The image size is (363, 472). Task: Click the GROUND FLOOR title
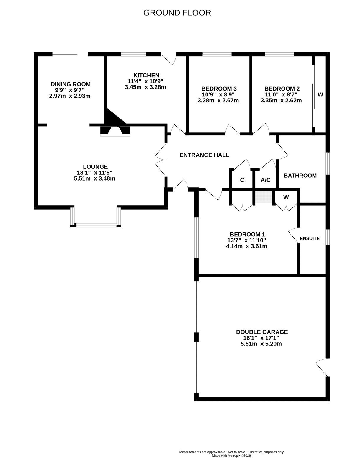click(177, 13)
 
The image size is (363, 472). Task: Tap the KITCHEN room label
click(146, 75)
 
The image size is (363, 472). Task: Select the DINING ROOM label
click(71, 84)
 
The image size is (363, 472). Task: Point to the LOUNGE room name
click(95, 167)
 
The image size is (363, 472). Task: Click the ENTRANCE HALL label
click(204, 155)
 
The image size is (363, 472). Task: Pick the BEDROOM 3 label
click(219, 88)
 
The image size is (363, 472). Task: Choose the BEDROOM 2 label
click(282, 88)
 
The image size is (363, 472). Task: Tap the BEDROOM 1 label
click(247, 234)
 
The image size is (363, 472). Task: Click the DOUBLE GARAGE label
click(262, 332)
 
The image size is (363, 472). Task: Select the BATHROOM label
click(300, 176)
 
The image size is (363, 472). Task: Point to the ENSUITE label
click(310, 238)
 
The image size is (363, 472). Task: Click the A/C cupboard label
click(266, 180)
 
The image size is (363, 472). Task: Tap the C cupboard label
click(242, 180)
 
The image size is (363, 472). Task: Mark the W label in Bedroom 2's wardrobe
click(321, 94)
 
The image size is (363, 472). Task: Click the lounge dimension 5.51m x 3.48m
click(94, 178)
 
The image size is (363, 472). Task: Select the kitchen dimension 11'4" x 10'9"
click(145, 81)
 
